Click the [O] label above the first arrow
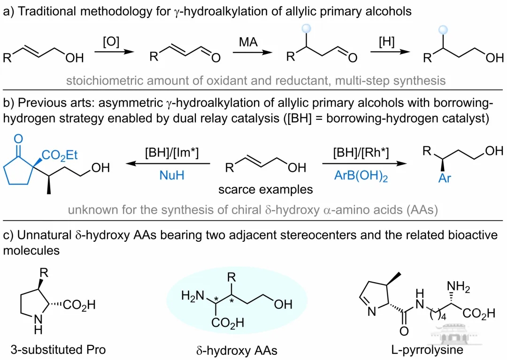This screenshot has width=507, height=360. coord(112,42)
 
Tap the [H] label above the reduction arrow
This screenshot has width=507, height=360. coord(387,42)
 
